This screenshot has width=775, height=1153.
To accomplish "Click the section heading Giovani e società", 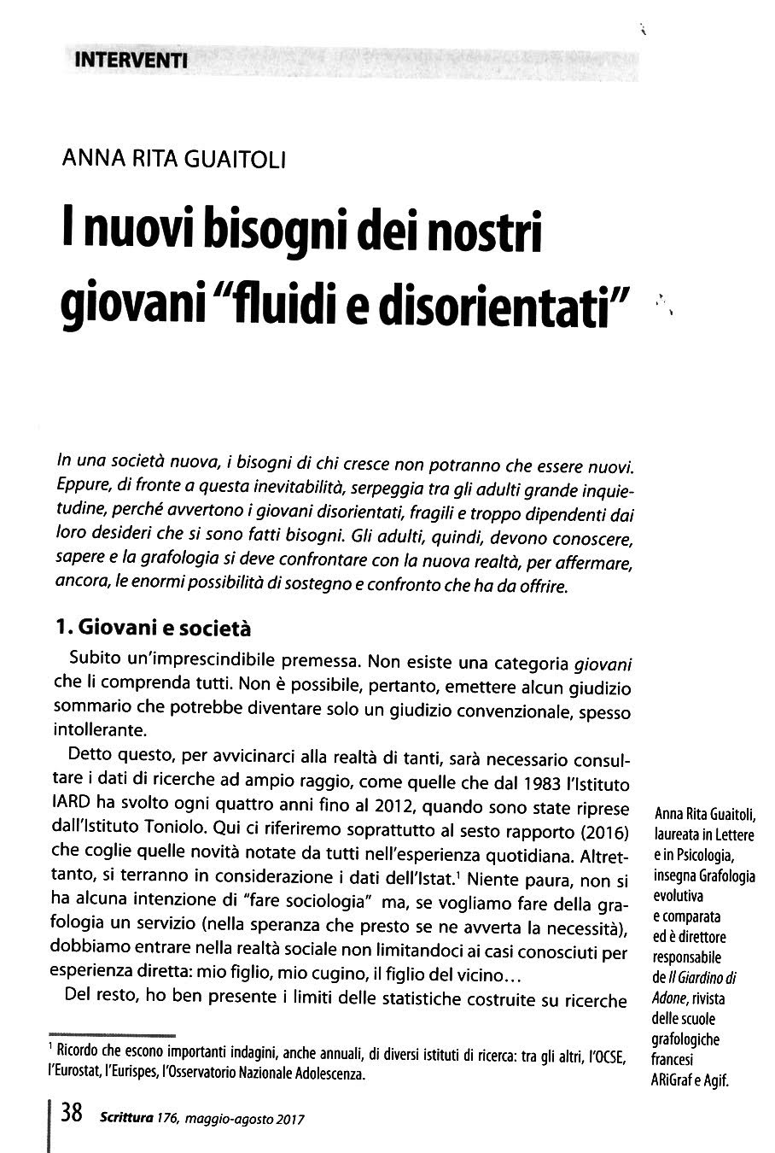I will [165, 628].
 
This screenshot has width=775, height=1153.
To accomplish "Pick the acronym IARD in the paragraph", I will [74, 808].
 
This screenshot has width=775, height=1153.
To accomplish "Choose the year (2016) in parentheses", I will [602, 832].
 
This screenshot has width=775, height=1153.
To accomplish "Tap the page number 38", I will [72, 1114].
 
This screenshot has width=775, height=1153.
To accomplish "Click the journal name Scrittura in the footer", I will [125, 1117].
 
